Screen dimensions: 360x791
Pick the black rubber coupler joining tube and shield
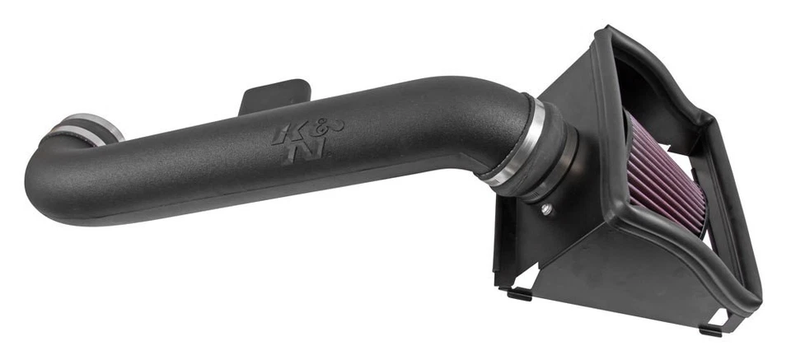pos(544,157)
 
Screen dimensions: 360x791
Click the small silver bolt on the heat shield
pos(546,210)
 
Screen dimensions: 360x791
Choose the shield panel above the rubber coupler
pos(569,99)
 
